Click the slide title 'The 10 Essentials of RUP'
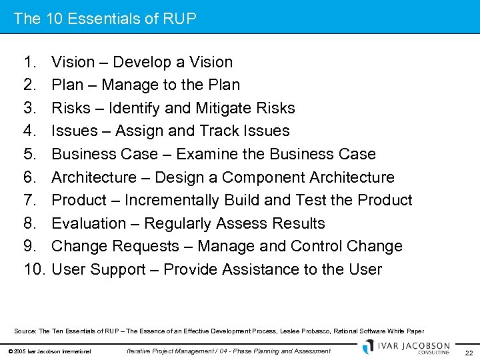(105, 19)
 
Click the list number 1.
(29, 62)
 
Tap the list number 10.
(33, 269)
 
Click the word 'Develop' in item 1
(140, 62)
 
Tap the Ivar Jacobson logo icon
(369, 347)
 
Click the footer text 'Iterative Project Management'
(170, 351)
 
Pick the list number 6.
(29, 177)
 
